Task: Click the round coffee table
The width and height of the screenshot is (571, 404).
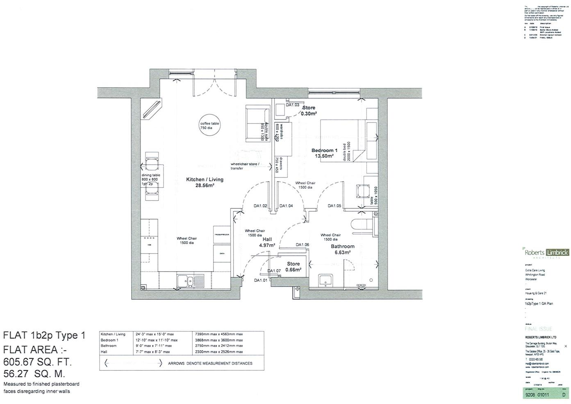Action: click(x=209, y=126)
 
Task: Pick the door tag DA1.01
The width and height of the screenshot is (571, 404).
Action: click(x=260, y=281)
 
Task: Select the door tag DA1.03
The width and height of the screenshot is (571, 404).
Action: click(x=293, y=105)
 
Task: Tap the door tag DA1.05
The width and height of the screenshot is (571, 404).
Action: click(x=334, y=206)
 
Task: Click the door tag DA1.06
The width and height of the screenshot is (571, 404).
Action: click(x=303, y=245)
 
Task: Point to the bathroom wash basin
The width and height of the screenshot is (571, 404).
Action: click(x=327, y=281)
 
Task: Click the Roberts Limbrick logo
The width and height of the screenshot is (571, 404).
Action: click(x=546, y=253)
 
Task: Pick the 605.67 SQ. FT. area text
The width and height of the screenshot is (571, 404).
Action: click(x=37, y=362)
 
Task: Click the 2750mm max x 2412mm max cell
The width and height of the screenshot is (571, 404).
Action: click(x=220, y=346)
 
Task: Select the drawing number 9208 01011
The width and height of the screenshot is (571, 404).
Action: click(x=537, y=395)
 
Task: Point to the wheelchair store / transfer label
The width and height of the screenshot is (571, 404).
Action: click(x=245, y=166)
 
